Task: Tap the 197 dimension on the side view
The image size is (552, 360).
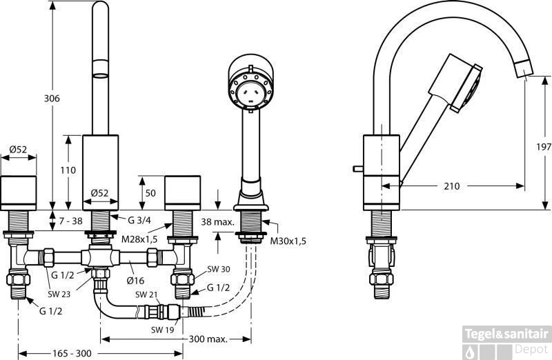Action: coord(543,147)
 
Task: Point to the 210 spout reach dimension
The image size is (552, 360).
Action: coord(453,186)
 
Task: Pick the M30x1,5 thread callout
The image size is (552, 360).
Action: coord(288,241)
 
